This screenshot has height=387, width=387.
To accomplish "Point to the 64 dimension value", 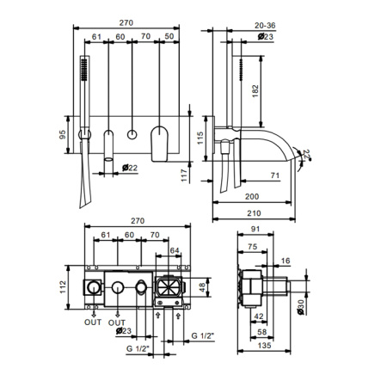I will click(x=175, y=250).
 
